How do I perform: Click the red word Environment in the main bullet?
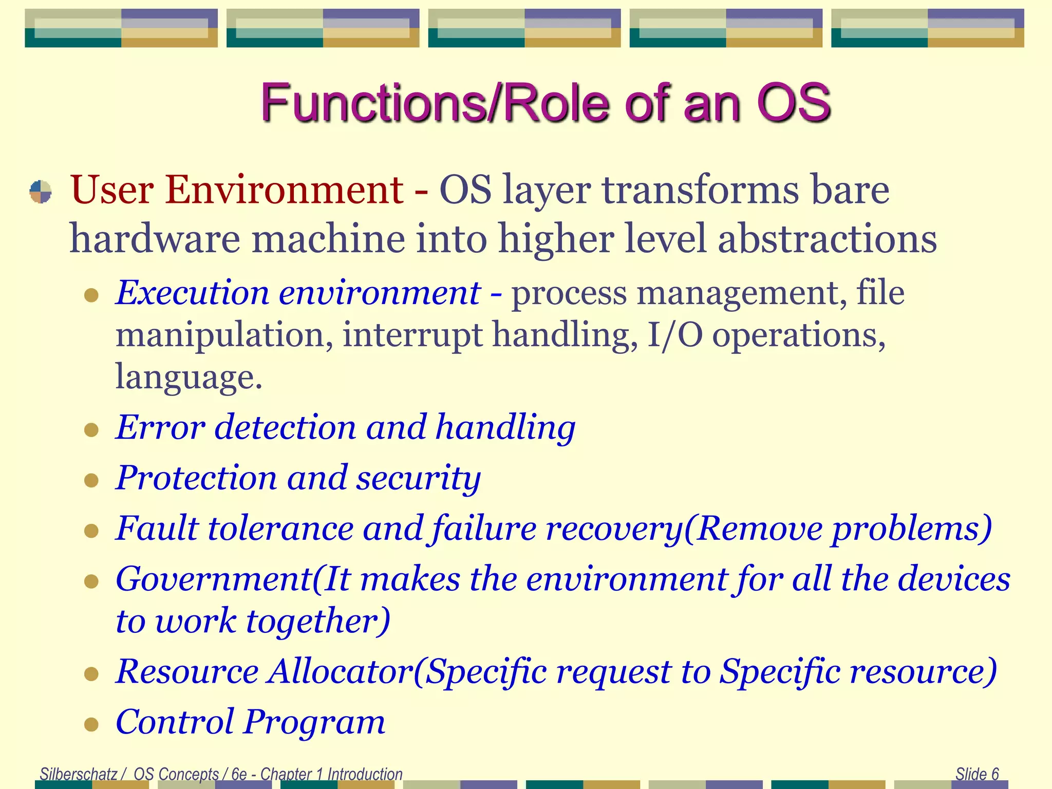click(x=284, y=190)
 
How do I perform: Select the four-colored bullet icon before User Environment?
click(x=41, y=192)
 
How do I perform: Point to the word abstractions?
click(x=827, y=239)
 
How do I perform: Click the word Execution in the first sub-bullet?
click(x=193, y=293)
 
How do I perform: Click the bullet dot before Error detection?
click(x=91, y=429)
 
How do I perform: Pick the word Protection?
click(x=196, y=478)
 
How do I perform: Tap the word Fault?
click(x=157, y=528)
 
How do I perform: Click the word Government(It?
click(x=233, y=579)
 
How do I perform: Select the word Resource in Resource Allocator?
click(x=187, y=671)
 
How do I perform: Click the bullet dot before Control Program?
click(x=91, y=724)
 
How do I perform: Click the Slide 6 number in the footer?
click(x=977, y=774)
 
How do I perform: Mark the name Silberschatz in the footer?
click(x=79, y=774)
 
